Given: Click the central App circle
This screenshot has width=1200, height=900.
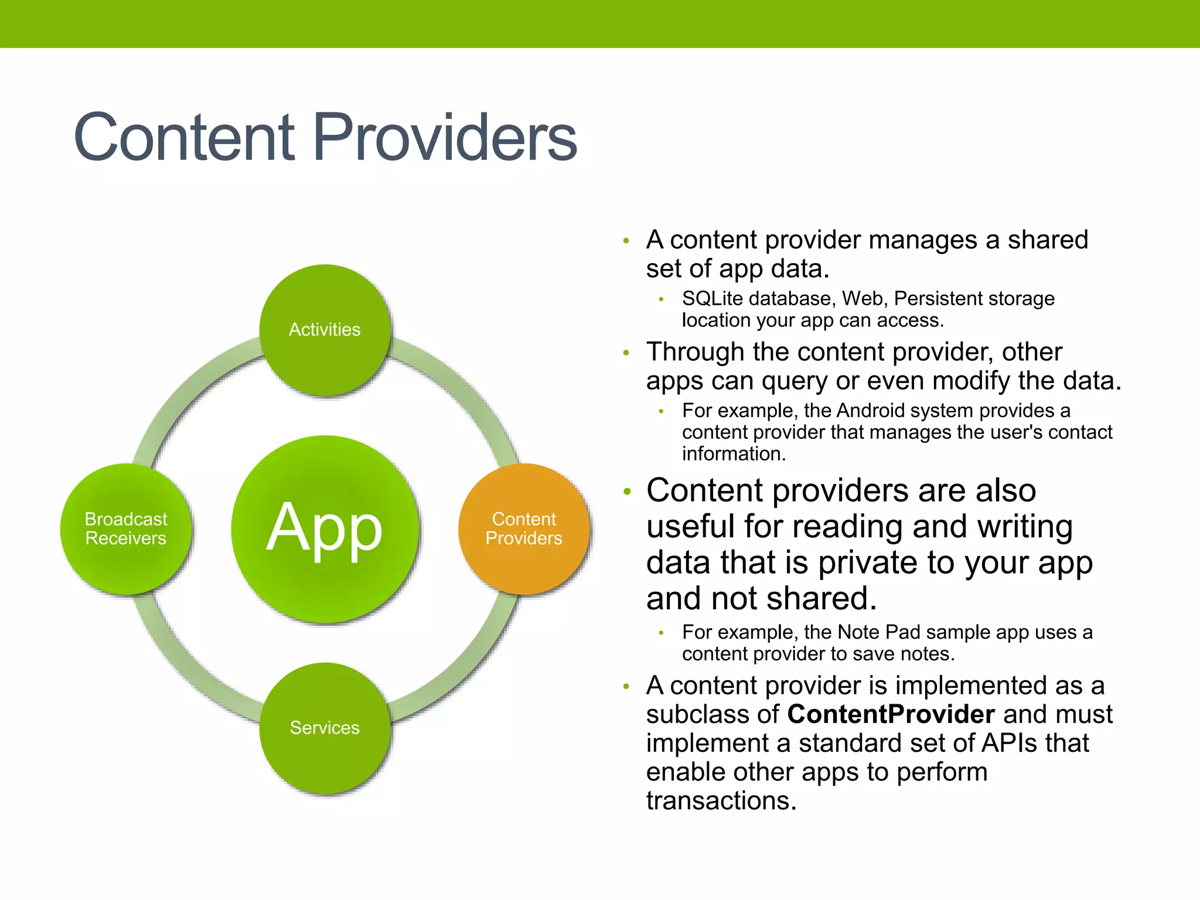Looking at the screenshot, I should tap(325, 529).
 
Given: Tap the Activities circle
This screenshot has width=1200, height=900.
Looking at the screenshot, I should tap(325, 330).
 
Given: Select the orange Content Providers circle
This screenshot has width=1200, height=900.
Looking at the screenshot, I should tap(524, 529).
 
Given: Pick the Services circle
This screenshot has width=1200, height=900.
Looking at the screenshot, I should tap(325, 728).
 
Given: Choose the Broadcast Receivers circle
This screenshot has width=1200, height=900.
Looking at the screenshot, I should tap(126, 529).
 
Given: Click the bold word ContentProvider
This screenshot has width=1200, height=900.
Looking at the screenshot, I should tap(891, 714).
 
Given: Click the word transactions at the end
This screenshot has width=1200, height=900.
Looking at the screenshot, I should tap(721, 801).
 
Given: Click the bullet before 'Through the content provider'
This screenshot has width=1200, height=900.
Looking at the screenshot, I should tap(626, 353).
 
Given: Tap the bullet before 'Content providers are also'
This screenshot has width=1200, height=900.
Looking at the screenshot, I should tap(627, 492).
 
